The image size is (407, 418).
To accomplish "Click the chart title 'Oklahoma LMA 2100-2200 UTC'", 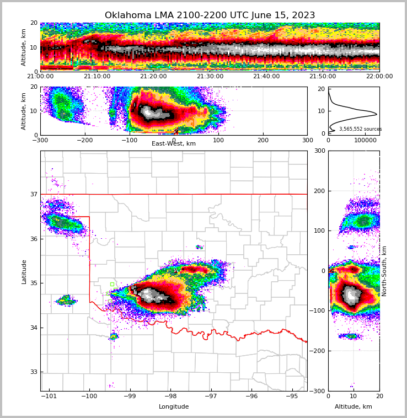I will click(210, 15).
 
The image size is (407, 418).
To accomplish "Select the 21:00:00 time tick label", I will click(41, 77).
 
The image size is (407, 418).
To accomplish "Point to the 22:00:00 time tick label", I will click(379, 77).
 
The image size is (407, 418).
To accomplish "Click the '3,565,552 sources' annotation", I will click(360, 129).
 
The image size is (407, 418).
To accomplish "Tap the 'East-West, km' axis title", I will click(174, 144).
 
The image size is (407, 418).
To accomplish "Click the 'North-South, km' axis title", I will click(384, 271).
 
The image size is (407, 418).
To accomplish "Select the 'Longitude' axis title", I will click(174, 407).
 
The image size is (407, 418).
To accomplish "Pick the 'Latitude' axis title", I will click(24, 271).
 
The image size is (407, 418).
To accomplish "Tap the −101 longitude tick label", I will click(49, 396).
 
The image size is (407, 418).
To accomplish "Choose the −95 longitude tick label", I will click(292, 396).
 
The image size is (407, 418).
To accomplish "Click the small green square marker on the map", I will click(112, 285).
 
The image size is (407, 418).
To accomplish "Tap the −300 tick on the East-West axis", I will click(41, 140).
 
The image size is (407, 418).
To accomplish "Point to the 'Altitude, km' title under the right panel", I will click(353, 407).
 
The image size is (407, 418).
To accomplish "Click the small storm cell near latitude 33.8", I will click(114, 336).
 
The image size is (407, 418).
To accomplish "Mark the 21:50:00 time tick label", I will click(323, 77).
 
